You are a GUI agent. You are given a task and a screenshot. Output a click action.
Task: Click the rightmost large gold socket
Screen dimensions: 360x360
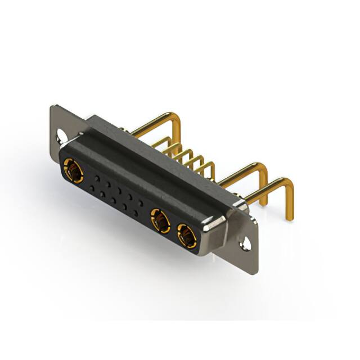tap(186, 235)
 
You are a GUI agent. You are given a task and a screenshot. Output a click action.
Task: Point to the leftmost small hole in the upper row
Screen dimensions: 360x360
tap(97, 178)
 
